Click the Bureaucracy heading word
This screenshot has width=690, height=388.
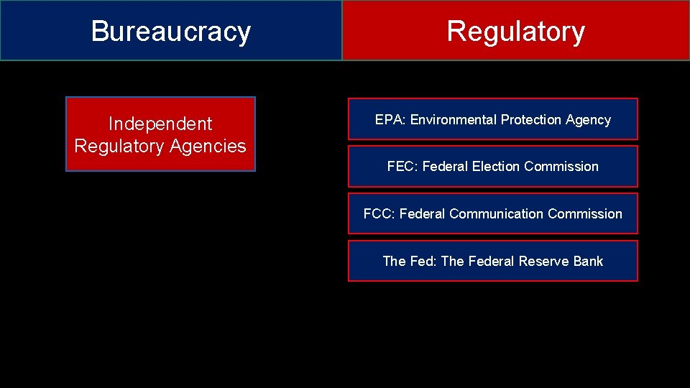tap(171, 32)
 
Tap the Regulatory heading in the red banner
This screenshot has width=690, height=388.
tap(515, 32)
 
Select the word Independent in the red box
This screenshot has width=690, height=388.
tap(160, 124)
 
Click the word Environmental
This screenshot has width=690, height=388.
tap(453, 120)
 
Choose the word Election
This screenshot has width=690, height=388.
tap(496, 167)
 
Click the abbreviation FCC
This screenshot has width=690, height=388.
tap(377, 214)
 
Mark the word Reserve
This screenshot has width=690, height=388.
tap(544, 262)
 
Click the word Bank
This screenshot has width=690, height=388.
tap(588, 262)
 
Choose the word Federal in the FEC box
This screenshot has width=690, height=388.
tap(445, 167)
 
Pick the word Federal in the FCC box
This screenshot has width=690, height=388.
tap(422, 214)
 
